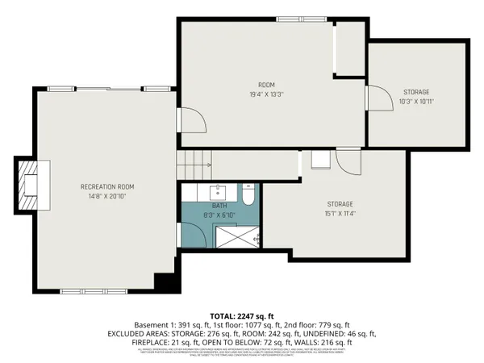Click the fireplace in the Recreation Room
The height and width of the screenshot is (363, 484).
(33, 186)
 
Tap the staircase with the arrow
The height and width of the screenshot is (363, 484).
(194, 165)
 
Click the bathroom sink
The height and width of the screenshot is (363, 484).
(218, 192)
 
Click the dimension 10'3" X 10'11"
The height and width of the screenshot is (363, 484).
(416, 102)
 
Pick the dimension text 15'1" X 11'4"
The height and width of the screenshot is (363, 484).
(340, 214)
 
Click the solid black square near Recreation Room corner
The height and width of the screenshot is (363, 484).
(165, 283)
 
